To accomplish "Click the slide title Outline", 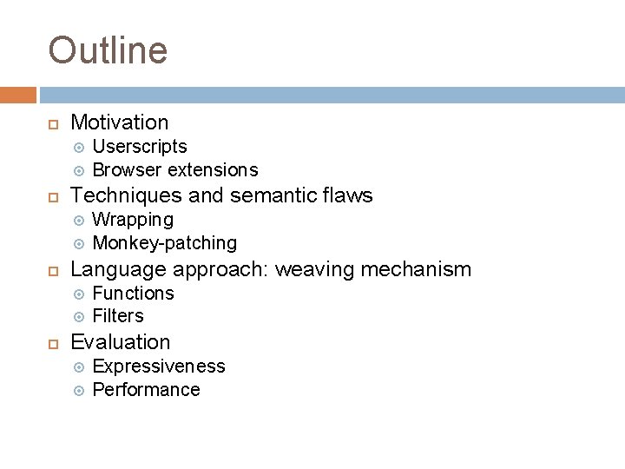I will pyautogui.click(x=108, y=50).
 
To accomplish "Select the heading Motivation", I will pyautogui.click(x=119, y=123).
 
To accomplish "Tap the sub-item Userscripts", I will pyautogui.click(x=139, y=147).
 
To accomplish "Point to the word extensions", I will pyautogui.click(x=213, y=168).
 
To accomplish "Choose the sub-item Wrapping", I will pyautogui.click(x=133, y=220).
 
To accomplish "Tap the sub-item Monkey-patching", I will pyautogui.click(x=164, y=242).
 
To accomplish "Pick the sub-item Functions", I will pyautogui.click(x=133, y=293).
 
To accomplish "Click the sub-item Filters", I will pyautogui.click(x=118, y=315).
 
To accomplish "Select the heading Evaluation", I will pyautogui.click(x=120, y=342).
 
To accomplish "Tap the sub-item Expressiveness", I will pyautogui.click(x=158, y=367).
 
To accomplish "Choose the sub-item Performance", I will pyautogui.click(x=146, y=389).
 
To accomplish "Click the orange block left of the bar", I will pyautogui.click(x=17, y=94).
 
